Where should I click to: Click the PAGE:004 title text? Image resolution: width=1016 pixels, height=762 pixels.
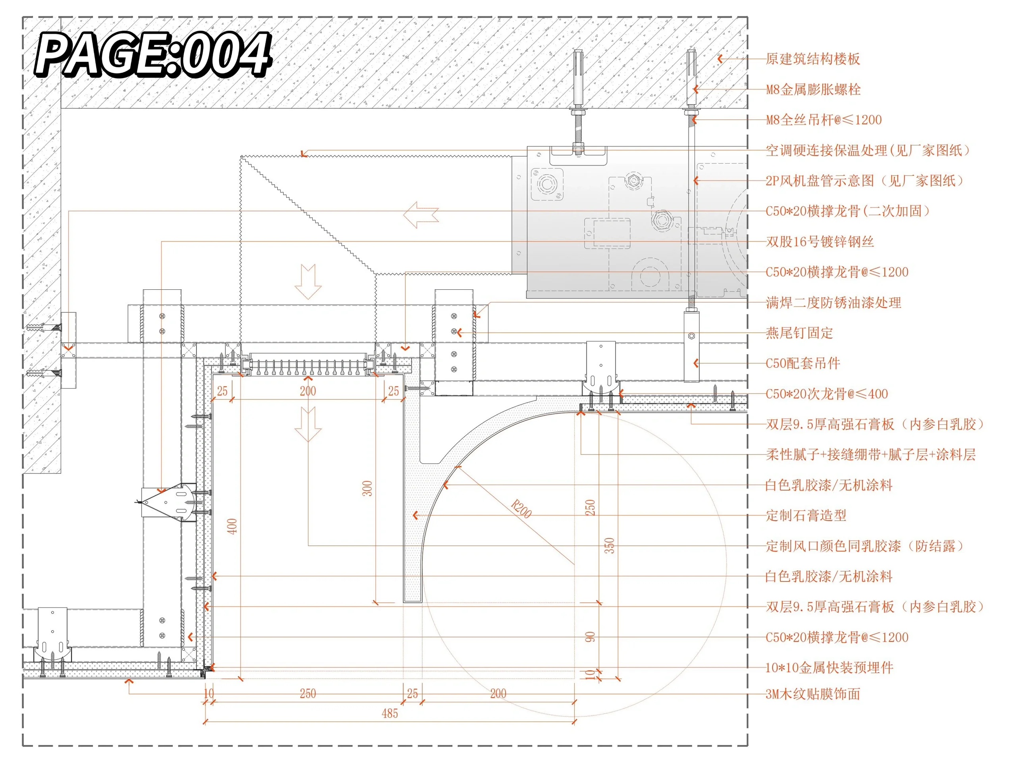pyautogui.click(x=154, y=54)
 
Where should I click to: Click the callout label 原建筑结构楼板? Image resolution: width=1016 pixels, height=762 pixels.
pyautogui.click(x=812, y=59)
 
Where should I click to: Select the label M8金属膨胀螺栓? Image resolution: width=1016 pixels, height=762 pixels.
pyautogui.click(x=813, y=90)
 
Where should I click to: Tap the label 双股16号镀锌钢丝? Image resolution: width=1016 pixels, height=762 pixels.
pyautogui.click(x=820, y=242)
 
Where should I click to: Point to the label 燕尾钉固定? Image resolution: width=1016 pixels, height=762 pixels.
pyautogui.click(x=799, y=333)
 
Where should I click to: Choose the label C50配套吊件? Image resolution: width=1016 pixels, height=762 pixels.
pyautogui.click(x=803, y=363)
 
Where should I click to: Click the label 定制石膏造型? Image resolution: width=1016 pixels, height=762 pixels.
pyautogui.click(x=806, y=516)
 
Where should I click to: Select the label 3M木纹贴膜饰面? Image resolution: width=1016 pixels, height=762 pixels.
pyautogui.click(x=812, y=694)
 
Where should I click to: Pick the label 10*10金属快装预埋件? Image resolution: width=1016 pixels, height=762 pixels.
pyautogui.click(x=829, y=668)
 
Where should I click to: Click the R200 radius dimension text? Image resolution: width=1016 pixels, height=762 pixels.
pyautogui.click(x=521, y=509)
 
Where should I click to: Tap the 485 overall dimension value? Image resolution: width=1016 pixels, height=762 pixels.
pyautogui.click(x=390, y=713)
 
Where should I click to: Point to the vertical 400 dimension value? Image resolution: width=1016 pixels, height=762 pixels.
pyautogui.click(x=233, y=526)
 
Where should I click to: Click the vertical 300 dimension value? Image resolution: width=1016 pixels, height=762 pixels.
pyautogui.click(x=367, y=488)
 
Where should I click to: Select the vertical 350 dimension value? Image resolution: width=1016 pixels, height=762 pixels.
pyautogui.click(x=609, y=546)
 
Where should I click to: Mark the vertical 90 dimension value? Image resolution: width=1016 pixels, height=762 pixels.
pyautogui.click(x=590, y=637)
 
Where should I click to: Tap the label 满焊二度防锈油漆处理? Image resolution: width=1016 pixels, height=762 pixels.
pyautogui.click(x=833, y=303)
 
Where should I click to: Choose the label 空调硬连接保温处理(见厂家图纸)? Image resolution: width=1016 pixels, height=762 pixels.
pyautogui.click(x=868, y=150)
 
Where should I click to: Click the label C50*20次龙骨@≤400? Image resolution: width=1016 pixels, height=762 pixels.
pyautogui.click(x=827, y=394)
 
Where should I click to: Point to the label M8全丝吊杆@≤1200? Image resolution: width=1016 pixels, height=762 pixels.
pyautogui.click(x=824, y=120)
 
